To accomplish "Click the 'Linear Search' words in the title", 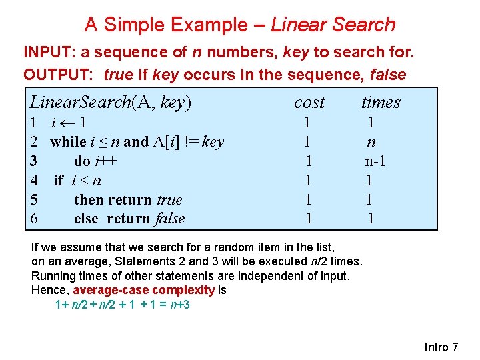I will click(333, 25).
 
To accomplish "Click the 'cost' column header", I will click(309, 102).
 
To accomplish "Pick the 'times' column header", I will click(381, 102).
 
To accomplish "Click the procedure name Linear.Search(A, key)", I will click(111, 102).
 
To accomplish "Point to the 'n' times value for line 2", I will click(371, 141).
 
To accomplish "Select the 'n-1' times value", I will click(376, 161).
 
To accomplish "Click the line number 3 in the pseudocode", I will click(33, 161).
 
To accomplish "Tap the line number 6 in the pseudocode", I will click(33, 219).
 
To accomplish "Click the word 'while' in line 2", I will click(68, 141).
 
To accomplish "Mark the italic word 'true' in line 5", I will click(169, 199).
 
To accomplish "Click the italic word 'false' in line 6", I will click(169, 219).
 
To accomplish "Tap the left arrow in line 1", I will click(67, 123).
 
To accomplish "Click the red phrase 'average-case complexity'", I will click(144, 290).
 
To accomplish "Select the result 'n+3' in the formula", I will click(179, 305).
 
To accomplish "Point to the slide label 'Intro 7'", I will click(441, 347).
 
